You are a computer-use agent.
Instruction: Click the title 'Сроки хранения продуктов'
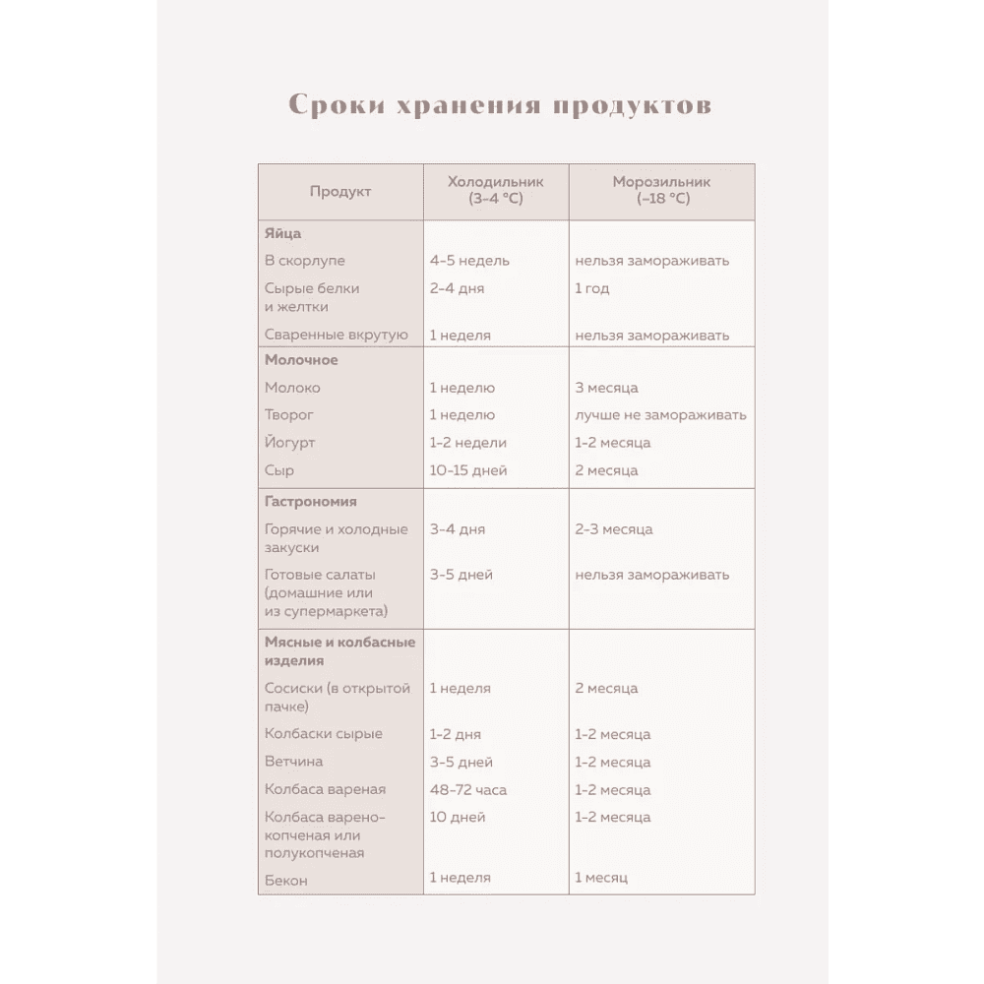pyautogui.click(x=499, y=106)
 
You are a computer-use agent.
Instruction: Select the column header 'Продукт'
pyautogui.click(x=340, y=192)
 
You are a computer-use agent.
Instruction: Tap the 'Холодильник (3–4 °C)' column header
pyautogui.click(x=495, y=191)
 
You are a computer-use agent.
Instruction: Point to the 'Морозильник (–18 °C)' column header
pyautogui.click(x=661, y=191)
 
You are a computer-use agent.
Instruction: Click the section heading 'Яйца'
pyautogui.click(x=282, y=234)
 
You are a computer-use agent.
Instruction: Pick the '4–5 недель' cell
pyautogui.click(x=469, y=262)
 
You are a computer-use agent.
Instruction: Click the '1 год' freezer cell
pyautogui.click(x=592, y=289)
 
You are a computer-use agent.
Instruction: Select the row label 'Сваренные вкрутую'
pyautogui.click(x=336, y=336)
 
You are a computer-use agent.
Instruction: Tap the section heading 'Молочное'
pyautogui.click(x=301, y=360)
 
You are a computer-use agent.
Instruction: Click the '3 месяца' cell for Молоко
pyautogui.click(x=606, y=388)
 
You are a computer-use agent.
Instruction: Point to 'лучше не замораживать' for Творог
pyautogui.click(x=660, y=415)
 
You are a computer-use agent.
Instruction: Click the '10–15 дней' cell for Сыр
pyautogui.click(x=468, y=470)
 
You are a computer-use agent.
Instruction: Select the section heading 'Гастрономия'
pyautogui.click(x=310, y=502)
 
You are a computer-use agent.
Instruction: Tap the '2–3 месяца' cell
pyautogui.click(x=614, y=529)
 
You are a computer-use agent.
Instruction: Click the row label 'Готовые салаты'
pyautogui.click(x=321, y=575)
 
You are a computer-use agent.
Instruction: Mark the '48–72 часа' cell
pyautogui.click(x=468, y=790)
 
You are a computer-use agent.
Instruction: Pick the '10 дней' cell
pyautogui.click(x=458, y=818)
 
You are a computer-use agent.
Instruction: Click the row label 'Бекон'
pyautogui.click(x=286, y=881)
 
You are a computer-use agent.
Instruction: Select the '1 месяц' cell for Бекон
pyautogui.click(x=601, y=878)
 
